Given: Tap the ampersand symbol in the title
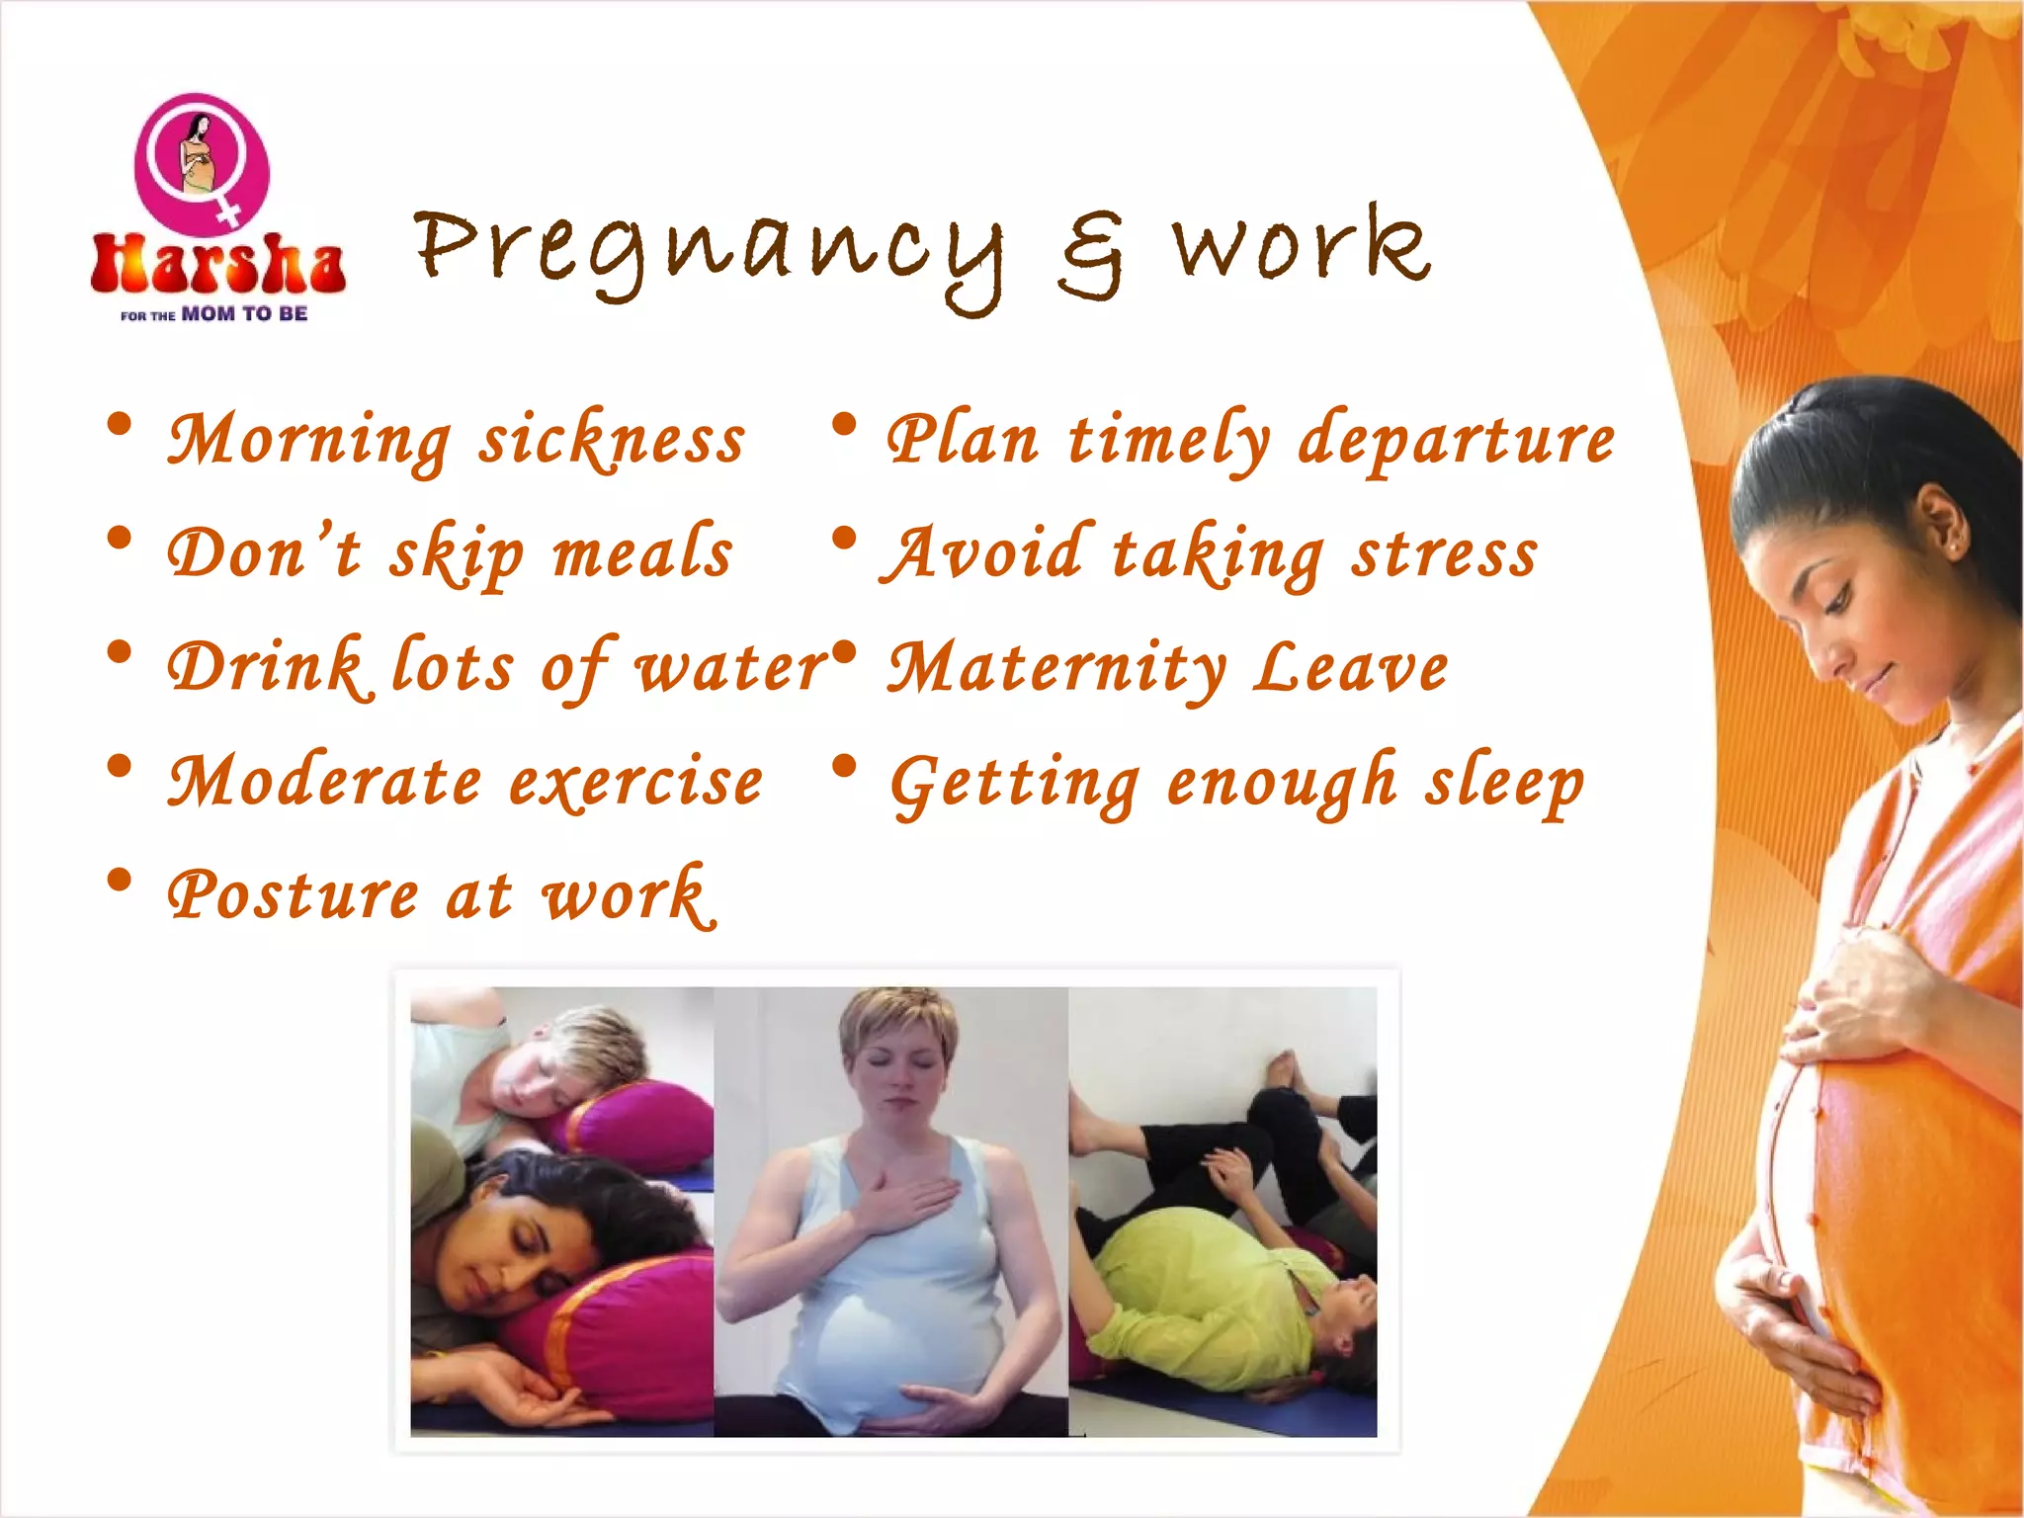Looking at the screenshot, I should coord(1091,255).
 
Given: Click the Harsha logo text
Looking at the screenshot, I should coord(217,265).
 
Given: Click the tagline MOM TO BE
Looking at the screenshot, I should coord(244,314).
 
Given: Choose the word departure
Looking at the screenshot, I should coord(1457,441).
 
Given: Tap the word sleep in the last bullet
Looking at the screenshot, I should coord(1503,784).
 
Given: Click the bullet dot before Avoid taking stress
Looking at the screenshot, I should coord(843,539).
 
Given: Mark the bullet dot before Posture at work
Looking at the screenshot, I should coord(120,880).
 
